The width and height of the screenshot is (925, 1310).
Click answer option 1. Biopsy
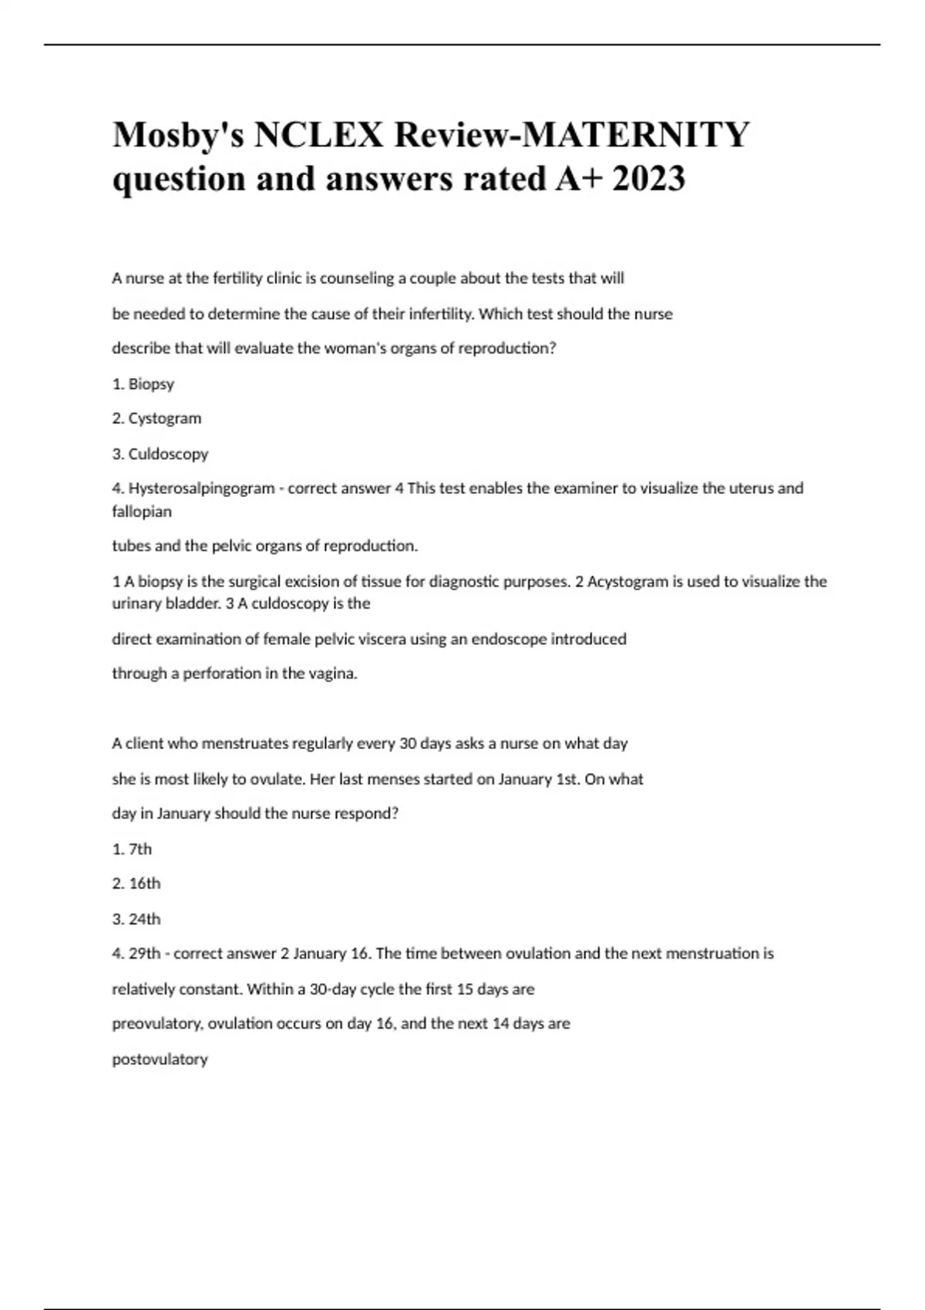[143, 384]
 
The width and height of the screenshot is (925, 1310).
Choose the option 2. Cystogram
[156, 418]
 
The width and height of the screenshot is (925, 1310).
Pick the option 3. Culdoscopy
[160, 454]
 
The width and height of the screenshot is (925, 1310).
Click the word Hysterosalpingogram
[201, 489]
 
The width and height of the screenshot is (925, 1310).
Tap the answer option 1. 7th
[132, 849]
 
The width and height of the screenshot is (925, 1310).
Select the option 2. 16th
[136, 884]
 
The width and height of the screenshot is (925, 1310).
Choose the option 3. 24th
[136, 919]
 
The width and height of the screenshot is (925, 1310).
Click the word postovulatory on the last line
[160, 1060]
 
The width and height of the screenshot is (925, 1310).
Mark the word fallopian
[142, 512]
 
